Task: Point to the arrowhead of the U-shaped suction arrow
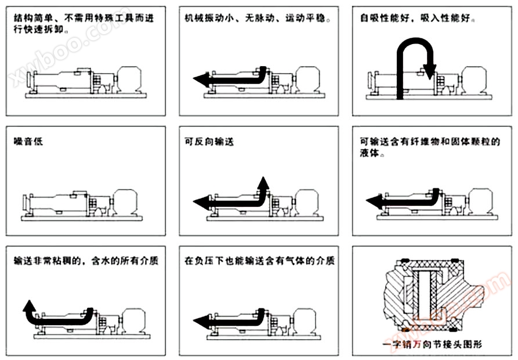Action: pos(430,73)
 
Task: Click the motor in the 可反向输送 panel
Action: pos(300,201)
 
